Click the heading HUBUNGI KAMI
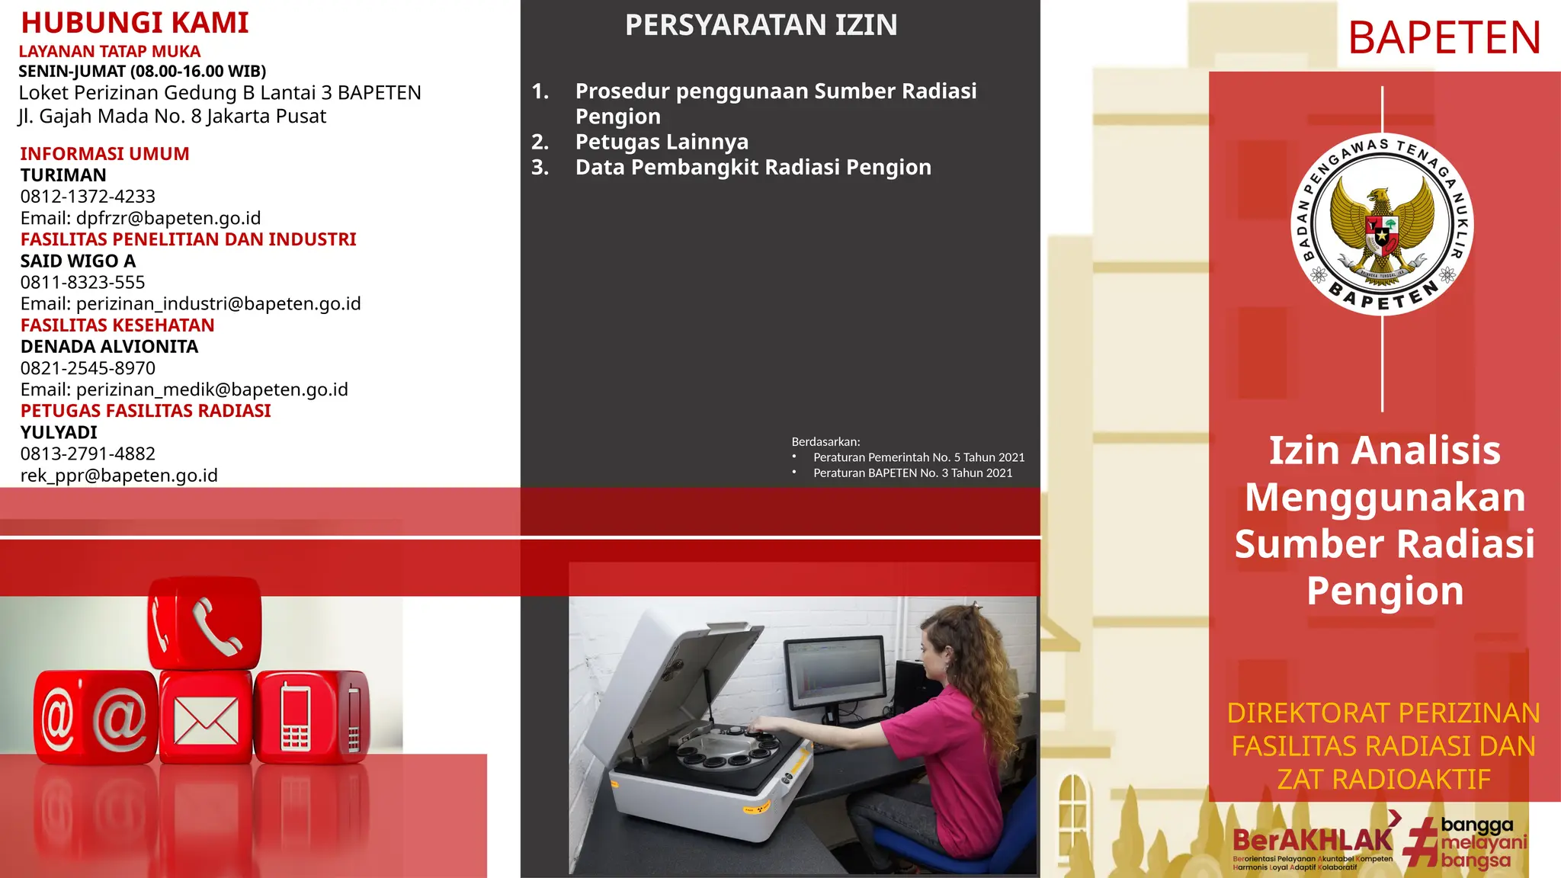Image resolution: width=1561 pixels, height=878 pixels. click(x=135, y=23)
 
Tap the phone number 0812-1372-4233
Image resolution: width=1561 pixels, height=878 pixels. click(x=88, y=197)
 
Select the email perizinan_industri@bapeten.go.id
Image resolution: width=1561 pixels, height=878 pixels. click(x=218, y=303)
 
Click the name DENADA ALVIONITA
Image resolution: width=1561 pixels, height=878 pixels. click(x=109, y=347)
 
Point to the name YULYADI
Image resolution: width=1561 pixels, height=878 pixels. click(x=59, y=432)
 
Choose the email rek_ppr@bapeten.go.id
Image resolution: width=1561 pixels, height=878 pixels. click(x=119, y=476)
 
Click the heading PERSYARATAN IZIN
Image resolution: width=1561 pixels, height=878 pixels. click(x=761, y=25)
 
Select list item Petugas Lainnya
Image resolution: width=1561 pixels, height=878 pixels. click(x=662, y=142)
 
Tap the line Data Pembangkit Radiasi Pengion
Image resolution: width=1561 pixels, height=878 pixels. click(x=753, y=167)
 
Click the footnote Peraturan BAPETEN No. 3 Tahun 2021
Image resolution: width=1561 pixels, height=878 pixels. click(x=912, y=473)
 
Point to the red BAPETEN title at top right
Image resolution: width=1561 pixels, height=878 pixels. click(x=1444, y=38)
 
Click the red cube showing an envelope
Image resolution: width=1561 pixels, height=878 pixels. click(x=206, y=718)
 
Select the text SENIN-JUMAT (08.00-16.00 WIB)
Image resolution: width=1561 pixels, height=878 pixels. click(x=143, y=72)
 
